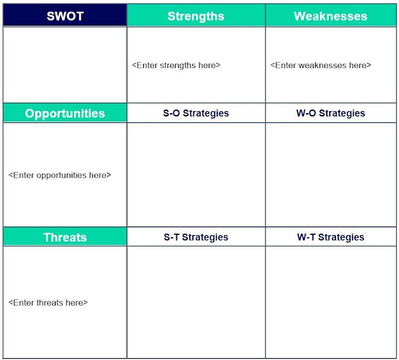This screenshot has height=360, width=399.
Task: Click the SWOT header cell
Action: (x=65, y=15)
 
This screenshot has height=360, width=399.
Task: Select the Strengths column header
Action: (x=196, y=15)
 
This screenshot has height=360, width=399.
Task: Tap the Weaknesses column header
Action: (x=330, y=15)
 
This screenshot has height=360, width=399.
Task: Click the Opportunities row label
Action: (x=65, y=113)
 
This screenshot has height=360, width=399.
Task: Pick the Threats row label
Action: (x=65, y=237)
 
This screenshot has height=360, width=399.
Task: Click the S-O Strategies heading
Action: (x=196, y=113)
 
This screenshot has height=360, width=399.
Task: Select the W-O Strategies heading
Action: (x=330, y=113)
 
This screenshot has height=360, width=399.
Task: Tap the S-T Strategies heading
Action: (x=196, y=237)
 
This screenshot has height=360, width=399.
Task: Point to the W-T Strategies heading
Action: (x=330, y=237)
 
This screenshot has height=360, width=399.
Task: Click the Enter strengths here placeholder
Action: (x=176, y=66)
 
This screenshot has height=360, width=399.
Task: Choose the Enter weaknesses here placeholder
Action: (x=321, y=66)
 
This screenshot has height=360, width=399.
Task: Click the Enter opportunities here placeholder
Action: (x=60, y=175)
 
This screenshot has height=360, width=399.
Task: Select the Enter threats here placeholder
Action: (x=48, y=302)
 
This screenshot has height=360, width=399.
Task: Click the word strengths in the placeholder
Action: (x=177, y=66)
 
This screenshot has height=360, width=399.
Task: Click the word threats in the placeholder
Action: (x=50, y=302)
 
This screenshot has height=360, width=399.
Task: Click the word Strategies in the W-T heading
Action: (x=341, y=237)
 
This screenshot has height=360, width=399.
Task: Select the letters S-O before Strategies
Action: (x=171, y=113)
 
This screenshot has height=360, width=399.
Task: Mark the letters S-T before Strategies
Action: (x=172, y=237)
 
